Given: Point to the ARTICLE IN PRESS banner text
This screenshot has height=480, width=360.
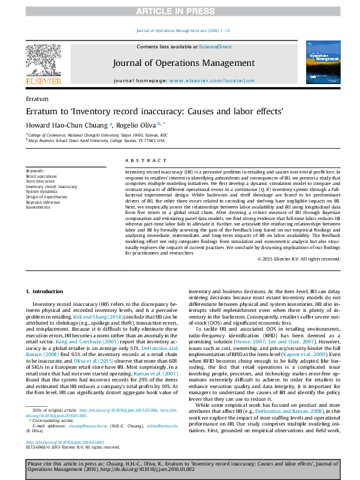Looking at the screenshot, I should point(180,11).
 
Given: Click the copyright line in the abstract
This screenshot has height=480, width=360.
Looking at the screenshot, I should point(298,258).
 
